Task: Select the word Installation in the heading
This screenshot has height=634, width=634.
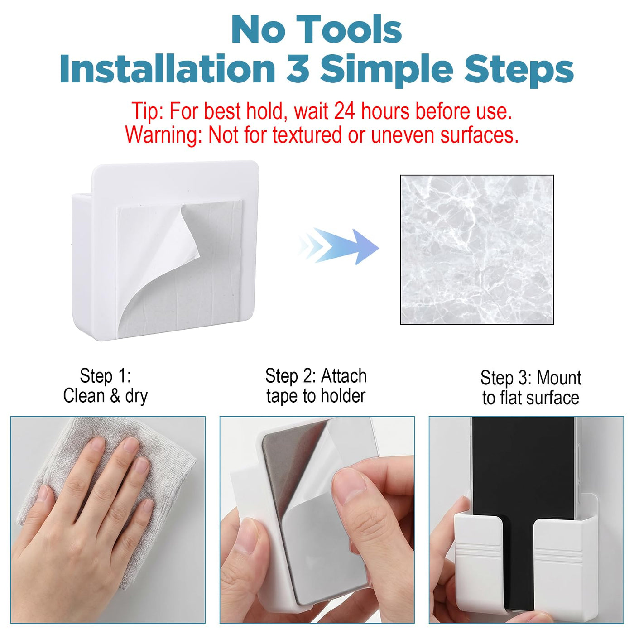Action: (x=168, y=69)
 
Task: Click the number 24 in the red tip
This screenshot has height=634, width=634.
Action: (x=345, y=111)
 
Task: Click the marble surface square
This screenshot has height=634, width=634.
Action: (x=477, y=250)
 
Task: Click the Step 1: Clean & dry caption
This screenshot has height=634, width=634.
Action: (x=105, y=385)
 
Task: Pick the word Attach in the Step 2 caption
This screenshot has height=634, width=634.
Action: (x=344, y=376)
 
